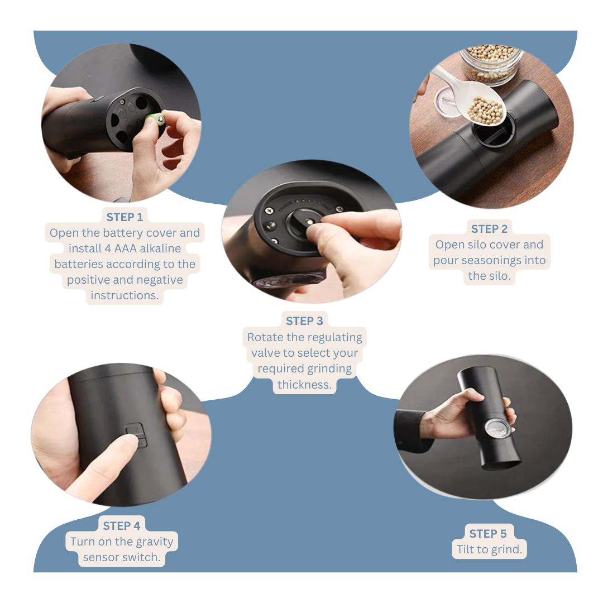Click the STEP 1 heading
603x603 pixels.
pos(125,217)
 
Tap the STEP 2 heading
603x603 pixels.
pos(489,229)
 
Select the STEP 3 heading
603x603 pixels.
pos(304,321)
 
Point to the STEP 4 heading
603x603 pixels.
pos(122,526)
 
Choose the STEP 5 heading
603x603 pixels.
pos(488,534)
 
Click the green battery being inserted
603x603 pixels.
pos(154,120)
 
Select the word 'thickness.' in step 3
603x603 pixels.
pos(304,384)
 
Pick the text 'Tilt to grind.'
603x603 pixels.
pos(489,549)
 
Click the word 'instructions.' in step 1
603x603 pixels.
pos(125,295)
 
